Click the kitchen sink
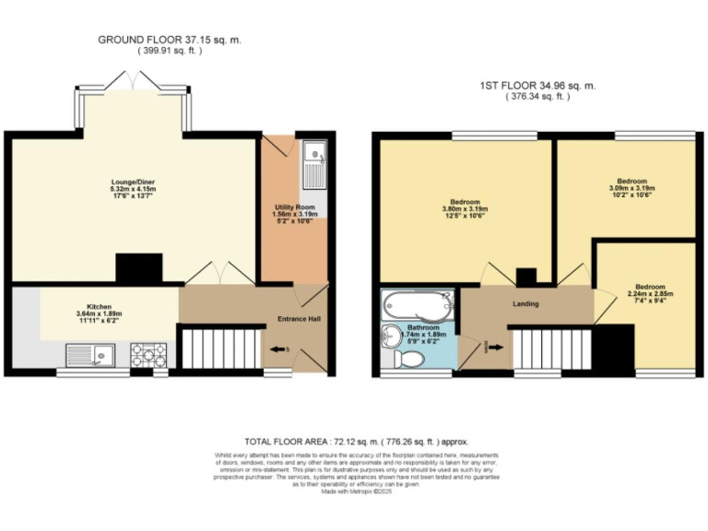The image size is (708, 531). coord(89,354)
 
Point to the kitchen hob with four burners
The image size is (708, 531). coord(147,354)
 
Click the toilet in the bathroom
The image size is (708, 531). coord(410,360)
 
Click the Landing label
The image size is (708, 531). coord(525,303)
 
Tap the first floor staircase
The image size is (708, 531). coord(549,349)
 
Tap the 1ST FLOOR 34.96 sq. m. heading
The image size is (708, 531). coord(537,86)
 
